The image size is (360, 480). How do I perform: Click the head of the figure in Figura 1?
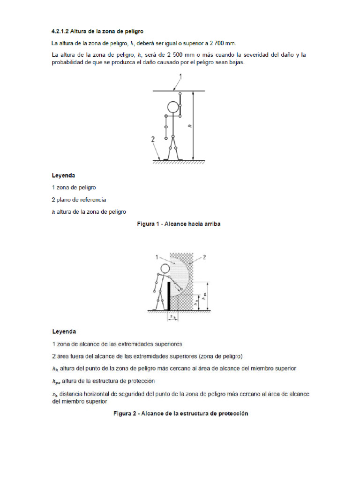pyautogui.click(x=173, y=107)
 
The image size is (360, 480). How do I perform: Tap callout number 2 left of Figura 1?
pyautogui.click(x=153, y=139)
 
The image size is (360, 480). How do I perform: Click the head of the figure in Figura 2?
pyautogui.click(x=165, y=268)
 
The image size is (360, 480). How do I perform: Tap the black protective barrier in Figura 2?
pyautogui.click(x=168, y=296)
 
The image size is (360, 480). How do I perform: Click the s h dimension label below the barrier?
pyautogui.click(x=173, y=317)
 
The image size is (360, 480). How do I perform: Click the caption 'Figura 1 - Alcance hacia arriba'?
pyautogui.click(x=179, y=224)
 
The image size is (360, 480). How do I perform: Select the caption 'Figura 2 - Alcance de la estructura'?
pyautogui.click(x=180, y=413)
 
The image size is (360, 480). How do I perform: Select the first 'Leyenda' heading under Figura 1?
pyautogui.click(x=63, y=175)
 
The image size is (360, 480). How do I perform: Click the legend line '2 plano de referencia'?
pyautogui.click(x=79, y=199)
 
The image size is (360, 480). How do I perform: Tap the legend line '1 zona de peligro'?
pyautogui.click(x=74, y=187)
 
